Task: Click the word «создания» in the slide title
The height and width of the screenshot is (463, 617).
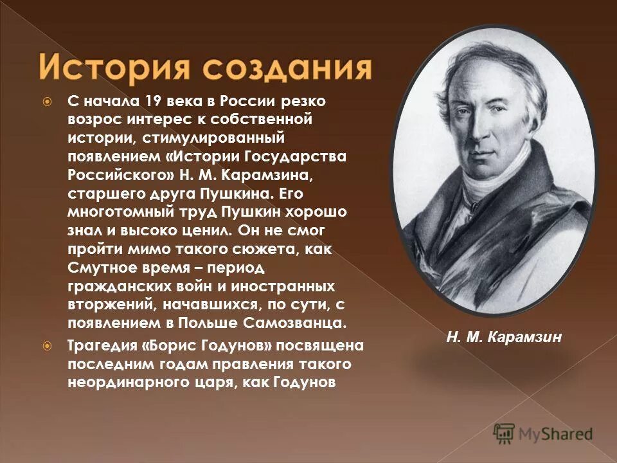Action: pyautogui.click(x=286, y=68)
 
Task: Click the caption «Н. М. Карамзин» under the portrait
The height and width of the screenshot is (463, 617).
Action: pyautogui.click(x=504, y=337)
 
